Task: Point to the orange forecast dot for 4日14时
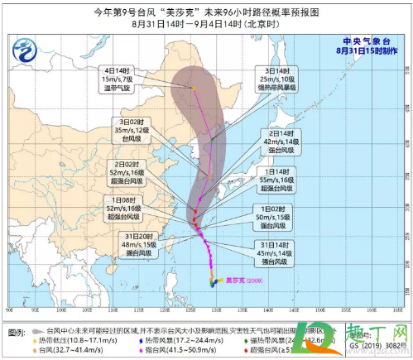tap(193, 88)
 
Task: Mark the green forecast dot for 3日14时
tap(212, 138)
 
